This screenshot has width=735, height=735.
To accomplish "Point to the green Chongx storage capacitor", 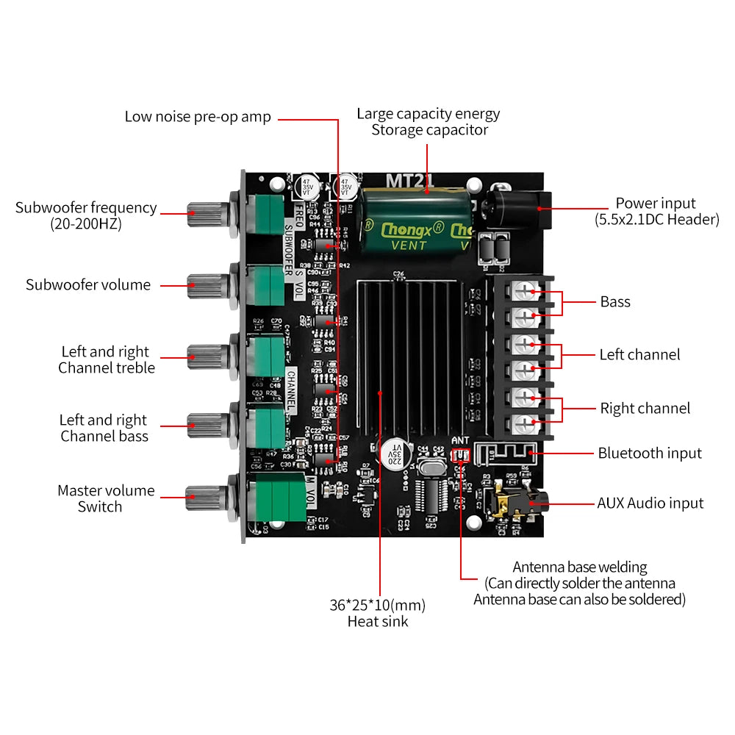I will (x=415, y=221).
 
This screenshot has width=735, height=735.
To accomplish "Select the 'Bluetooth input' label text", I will (x=649, y=453).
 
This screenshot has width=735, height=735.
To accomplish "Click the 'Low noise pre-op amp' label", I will (x=197, y=117).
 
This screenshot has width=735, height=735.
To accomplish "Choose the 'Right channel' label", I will (x=645, y=409).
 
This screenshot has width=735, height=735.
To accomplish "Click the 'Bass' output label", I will (x=614, y=302).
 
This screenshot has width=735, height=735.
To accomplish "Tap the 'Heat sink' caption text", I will (x=377, y=622).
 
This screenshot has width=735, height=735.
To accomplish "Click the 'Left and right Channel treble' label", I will (x=106, y=360).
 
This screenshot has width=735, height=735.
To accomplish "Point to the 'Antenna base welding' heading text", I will (x=579, y=567).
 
